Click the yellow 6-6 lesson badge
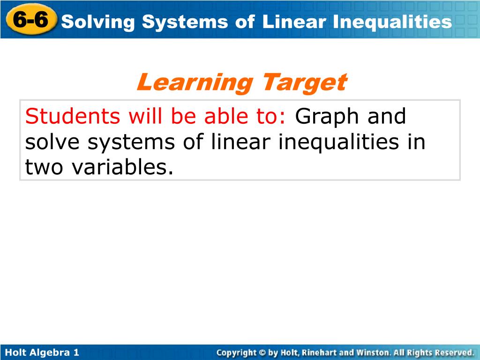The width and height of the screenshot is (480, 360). tap(31, 20)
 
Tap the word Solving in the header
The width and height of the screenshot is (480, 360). tap(98, 22)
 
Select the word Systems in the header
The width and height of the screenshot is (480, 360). tap(185, 22)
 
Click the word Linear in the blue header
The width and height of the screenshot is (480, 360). tap(294, 22)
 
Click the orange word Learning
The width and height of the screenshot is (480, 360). tap(195, 82)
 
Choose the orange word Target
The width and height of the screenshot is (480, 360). tap(304, 82)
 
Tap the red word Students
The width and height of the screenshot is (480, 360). tap(73, 116)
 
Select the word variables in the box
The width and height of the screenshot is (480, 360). tap(122, 167)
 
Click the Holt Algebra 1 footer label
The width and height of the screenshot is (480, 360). tap(42, 352)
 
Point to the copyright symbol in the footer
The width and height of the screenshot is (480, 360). tap(262, 352)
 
